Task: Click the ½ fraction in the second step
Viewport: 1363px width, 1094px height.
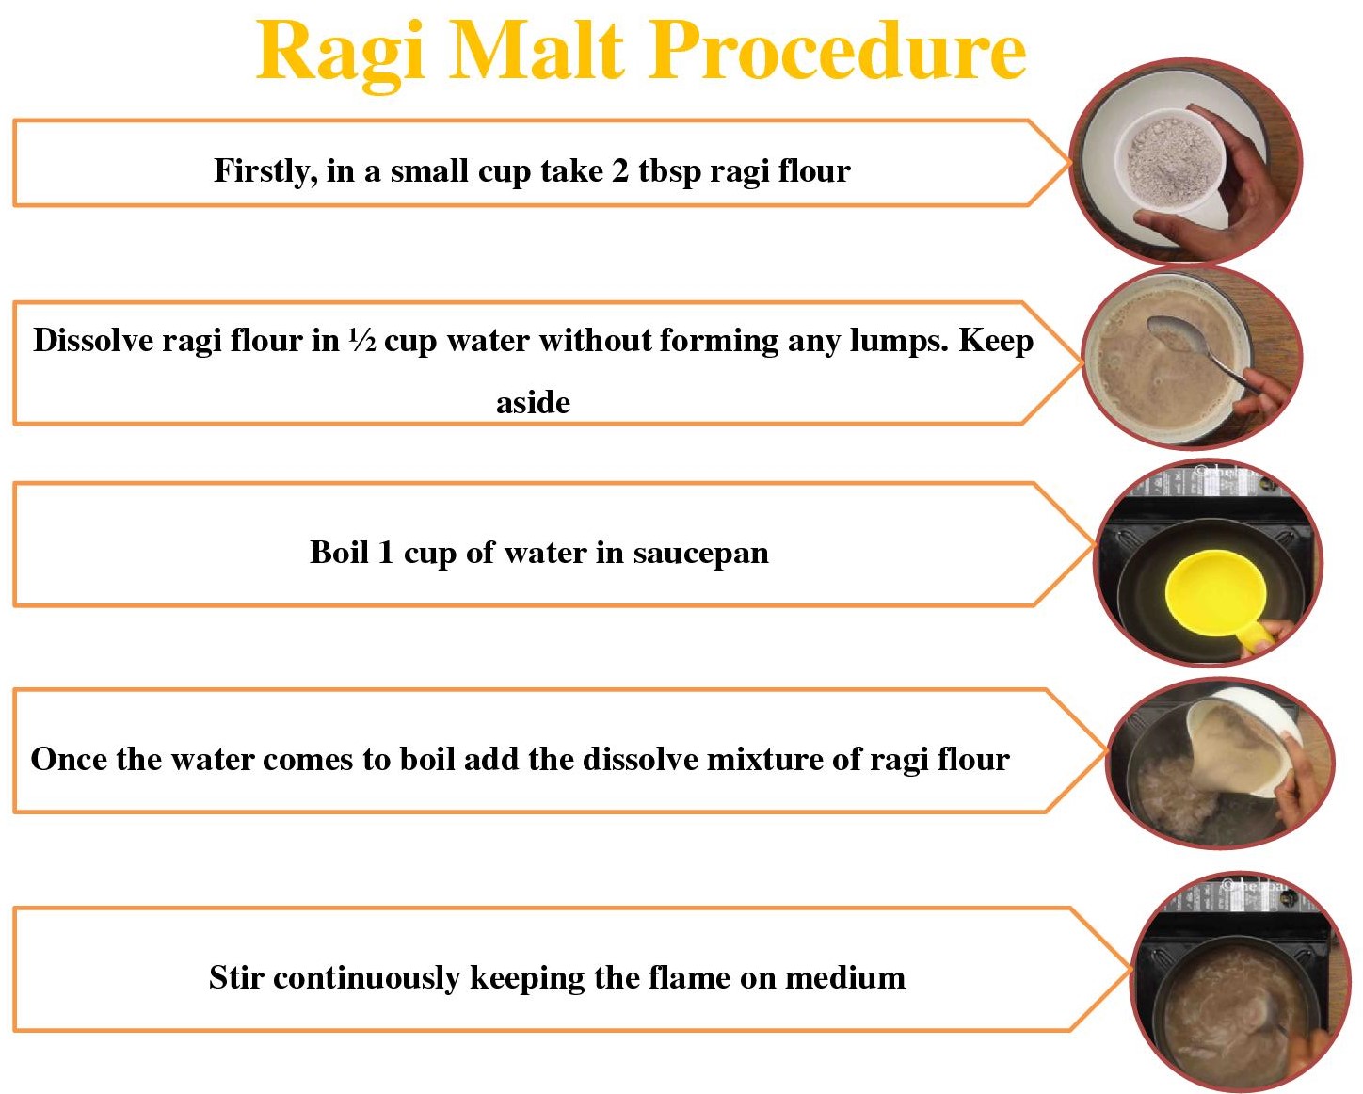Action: click(x=361, y=340)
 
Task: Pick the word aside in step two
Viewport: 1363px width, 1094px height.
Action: click(x=533, y=403)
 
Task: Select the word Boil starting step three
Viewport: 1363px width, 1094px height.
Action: click(x=339, y=553)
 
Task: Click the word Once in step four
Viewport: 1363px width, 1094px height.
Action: click(x=69, y=759)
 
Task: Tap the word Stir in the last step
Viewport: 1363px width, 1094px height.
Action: click(x=236, y=977)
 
